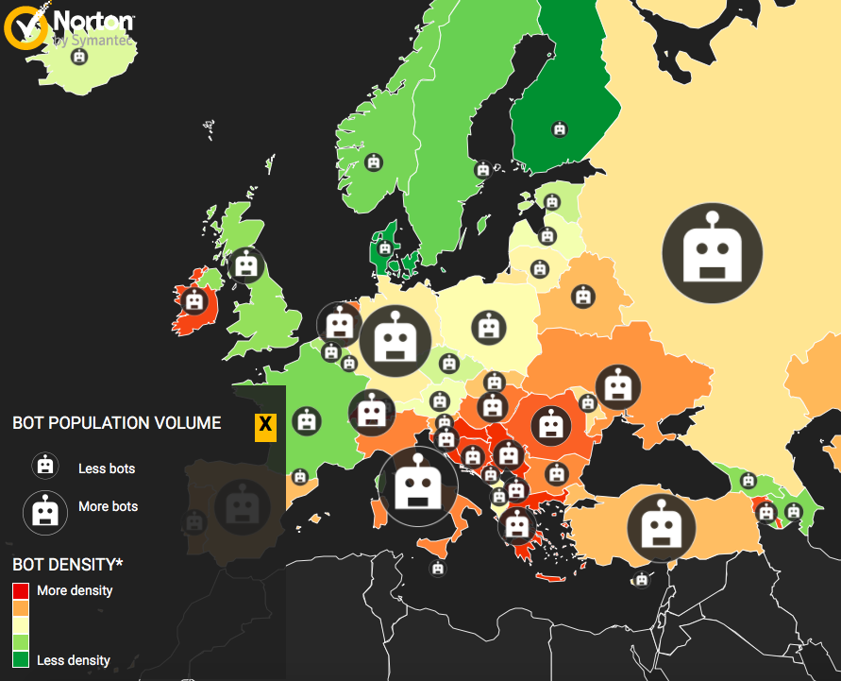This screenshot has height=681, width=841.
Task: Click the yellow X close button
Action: (265, 427)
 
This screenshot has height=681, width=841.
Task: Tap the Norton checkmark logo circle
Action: (25, 26)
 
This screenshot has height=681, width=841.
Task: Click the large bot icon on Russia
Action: (712, 250)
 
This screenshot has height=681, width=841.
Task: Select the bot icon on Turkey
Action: (654, 526)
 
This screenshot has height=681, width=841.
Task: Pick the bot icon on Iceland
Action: (79, 57)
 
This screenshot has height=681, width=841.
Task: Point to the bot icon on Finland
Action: (560, 128)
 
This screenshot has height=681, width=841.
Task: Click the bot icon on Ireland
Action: (194, 301)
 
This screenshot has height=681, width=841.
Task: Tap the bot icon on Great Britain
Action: (246, 265)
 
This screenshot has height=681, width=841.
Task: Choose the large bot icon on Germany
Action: (395, 340)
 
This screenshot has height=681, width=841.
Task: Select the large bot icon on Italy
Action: (416, 486)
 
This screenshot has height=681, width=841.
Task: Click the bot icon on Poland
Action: (487, 327)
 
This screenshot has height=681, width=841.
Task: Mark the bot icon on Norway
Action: (375, 162)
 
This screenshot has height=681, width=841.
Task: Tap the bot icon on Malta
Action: (437, 568)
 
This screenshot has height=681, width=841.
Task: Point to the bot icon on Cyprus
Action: (642, 579)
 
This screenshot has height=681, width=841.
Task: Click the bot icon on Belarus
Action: (583, 297)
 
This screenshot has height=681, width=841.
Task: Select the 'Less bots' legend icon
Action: (44, 466)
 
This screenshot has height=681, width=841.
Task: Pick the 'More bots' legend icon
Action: (44, 511)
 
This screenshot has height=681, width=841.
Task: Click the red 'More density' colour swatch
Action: (21, 591)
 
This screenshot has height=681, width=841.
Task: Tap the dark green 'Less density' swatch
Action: (21, 659)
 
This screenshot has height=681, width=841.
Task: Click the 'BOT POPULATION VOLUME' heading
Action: (117, 423)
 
